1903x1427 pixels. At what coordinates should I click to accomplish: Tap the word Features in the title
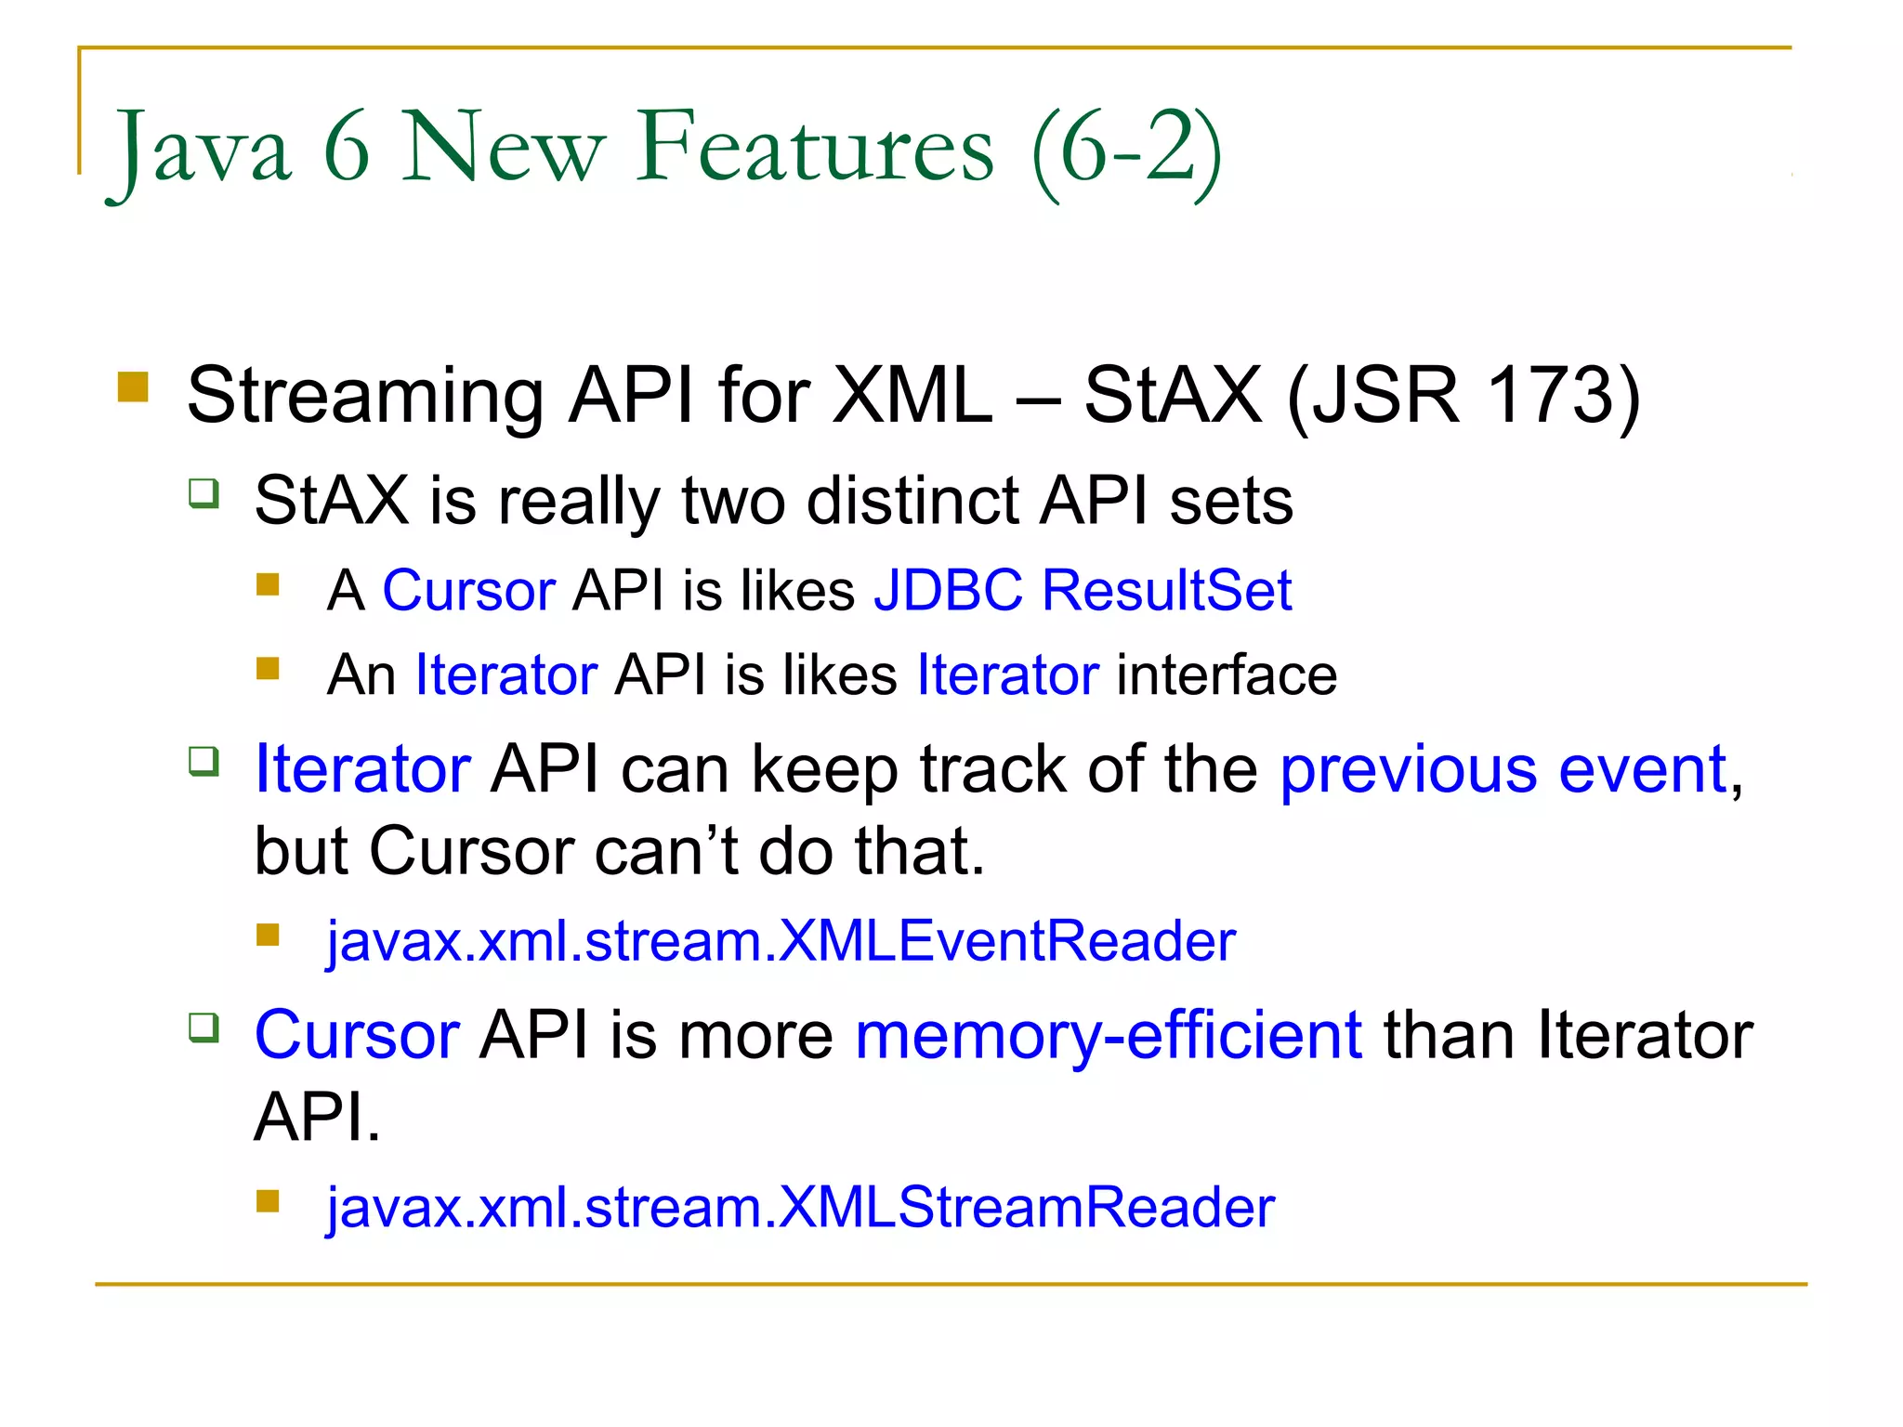pyautogui.click(x=815, y=147)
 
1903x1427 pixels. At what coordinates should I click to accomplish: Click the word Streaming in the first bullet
pyautogui.click(x=365, y=396)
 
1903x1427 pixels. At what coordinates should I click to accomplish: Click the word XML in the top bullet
pyautogui.click(x=912, y=396)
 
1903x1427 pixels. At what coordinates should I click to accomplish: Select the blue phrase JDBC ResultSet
pyautogui.click(x=1083, y=590)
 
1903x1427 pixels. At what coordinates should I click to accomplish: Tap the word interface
pyautogui.click(x=1227, y=674)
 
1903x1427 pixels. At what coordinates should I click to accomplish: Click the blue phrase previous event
pyautogui.click(x=1503, y=769)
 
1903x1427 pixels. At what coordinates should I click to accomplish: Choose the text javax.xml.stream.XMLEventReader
pyautogui.click(x=781, y=941)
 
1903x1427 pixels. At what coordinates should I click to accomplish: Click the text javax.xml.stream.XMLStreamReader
pyautogui.click(x=800, y=1208)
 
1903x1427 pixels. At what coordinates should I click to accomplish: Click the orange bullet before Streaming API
pyautogui.click(x=134, y=386)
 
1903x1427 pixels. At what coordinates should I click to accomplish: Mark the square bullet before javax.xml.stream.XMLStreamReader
pyautogui.click(x=269, y=1201)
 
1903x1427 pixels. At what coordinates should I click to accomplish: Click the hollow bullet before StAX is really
pyautogui.click(x=203, y=492)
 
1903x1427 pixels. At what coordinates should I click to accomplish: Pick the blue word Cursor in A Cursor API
pyautogui.click(x=469, y=590)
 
